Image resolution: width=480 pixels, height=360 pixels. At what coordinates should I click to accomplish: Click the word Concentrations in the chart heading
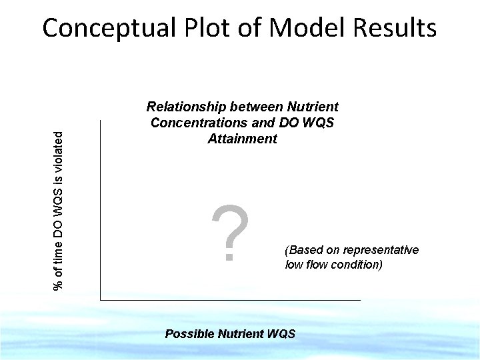pos(197,123)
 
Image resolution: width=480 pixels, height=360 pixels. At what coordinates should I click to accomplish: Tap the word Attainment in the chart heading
pos(242,139)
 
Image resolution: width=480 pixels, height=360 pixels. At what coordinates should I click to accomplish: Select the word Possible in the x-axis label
pos(189,333)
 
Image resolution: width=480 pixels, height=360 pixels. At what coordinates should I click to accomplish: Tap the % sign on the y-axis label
pos(59,285)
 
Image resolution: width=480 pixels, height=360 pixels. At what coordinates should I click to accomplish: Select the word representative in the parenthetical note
pos(382,250)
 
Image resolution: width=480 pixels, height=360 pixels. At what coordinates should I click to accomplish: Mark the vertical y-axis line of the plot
pos(100,213)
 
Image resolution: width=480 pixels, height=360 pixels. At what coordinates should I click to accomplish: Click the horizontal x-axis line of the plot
pos(230,300)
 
